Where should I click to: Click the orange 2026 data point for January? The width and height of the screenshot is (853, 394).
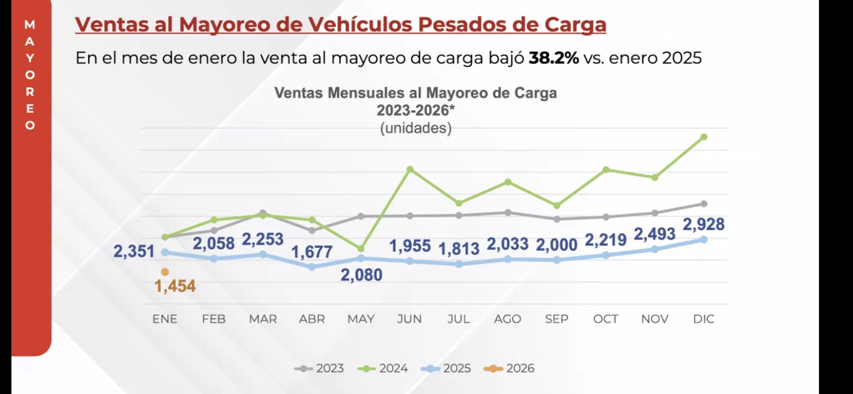click(165, 272)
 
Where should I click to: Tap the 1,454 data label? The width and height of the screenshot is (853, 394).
click(175, 286)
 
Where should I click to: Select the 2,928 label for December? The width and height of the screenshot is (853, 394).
click(703, 224)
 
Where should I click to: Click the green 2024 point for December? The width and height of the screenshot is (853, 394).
click(704, 137)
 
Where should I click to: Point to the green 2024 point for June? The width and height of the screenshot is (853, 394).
click(410, 169)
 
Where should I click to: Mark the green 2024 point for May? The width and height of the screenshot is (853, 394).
click(361, 249)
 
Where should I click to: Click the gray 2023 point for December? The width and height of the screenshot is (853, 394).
click(704, 204)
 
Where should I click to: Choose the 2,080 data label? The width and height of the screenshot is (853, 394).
click(361, 275)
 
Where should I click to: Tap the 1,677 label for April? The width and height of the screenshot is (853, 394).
click(312, 252)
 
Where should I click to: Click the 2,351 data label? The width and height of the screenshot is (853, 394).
click(134, 251)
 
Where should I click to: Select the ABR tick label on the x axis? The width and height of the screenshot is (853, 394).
click(312, 319)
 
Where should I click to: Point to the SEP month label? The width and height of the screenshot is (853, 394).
click(557, 319)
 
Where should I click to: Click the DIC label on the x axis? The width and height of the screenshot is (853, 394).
click(704, 319)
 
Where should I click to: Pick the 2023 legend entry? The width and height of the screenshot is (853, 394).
click(319, 368)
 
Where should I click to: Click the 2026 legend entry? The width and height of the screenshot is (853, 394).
click(509, 368)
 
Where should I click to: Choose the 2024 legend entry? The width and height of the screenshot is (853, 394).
click(383, 368)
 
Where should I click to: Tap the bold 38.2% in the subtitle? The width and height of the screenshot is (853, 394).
click(553, 58)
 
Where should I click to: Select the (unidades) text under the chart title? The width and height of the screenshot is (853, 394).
click(416, 128)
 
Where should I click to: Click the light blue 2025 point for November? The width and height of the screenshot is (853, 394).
click(655, 250)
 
